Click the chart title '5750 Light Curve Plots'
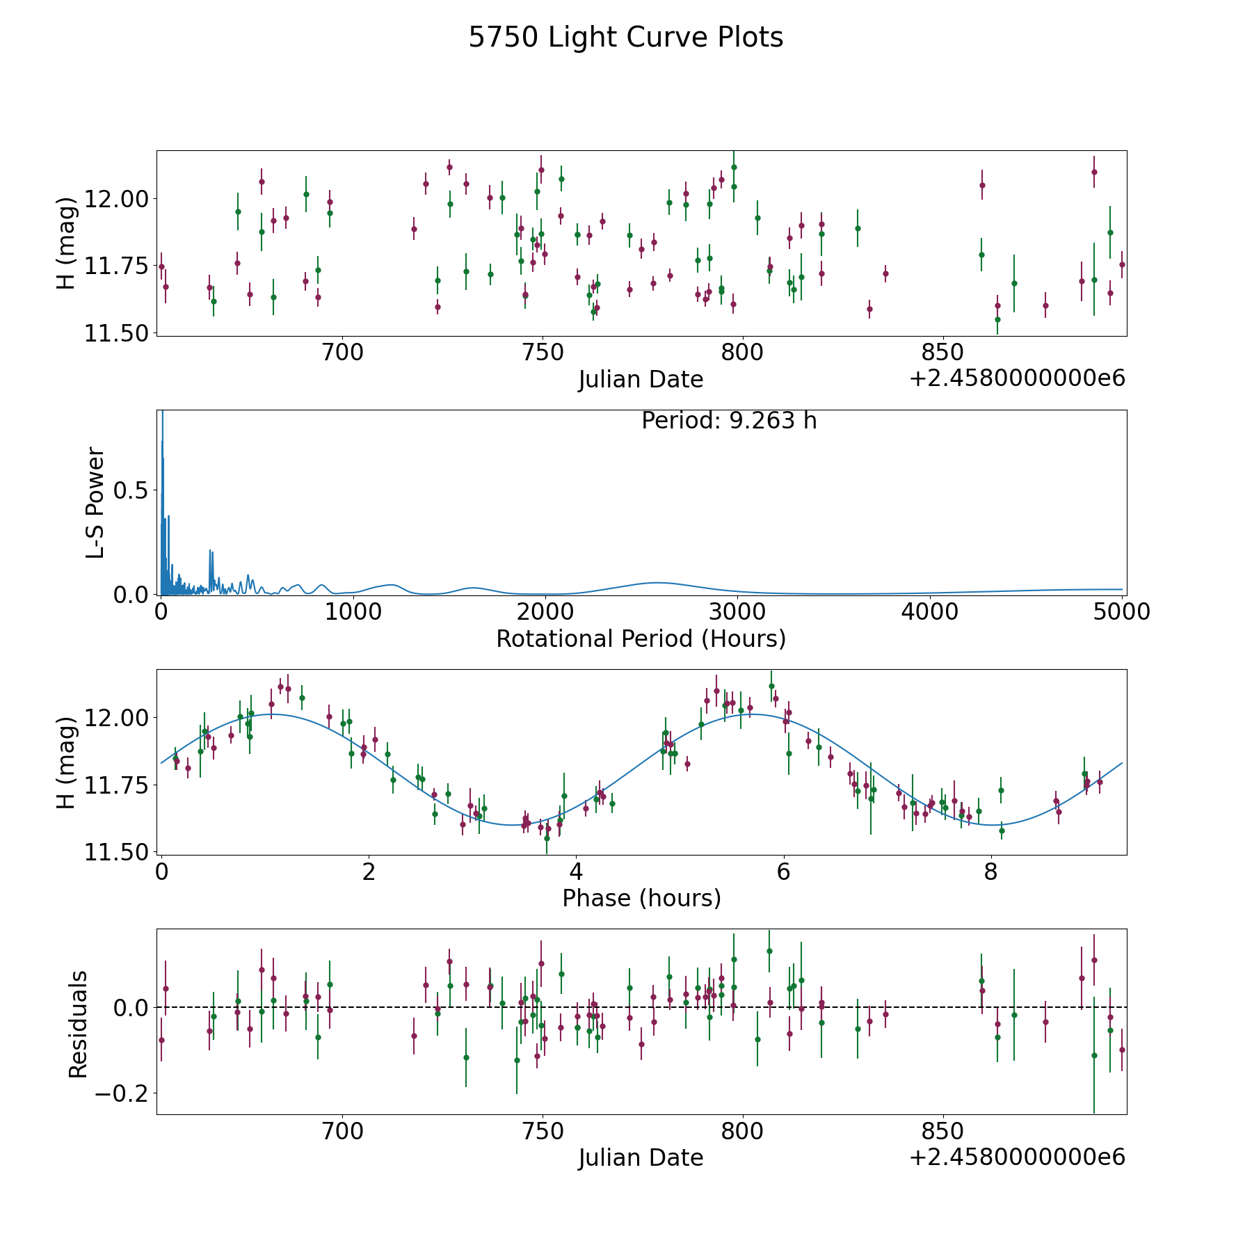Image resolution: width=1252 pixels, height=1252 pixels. pyautogui.click(x=625, y=38)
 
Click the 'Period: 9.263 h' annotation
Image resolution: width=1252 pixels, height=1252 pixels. pyautogui.click(x=729, y=421)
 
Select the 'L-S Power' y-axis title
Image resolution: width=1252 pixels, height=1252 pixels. pyautogui.click(x=95, y=502)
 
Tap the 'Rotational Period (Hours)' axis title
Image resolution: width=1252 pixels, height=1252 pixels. pyautogui.click(x=641, y=639)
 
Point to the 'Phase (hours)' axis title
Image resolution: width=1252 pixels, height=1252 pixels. pyautogui.click(x=641, y=898)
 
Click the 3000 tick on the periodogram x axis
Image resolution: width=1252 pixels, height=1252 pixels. pyautogui.click(x=737, y=611)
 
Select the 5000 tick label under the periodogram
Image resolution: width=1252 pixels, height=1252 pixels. pyautogui.click(x=1121, y=611)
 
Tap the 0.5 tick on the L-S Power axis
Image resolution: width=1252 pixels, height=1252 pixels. pyautogui.click(x=131, y=491)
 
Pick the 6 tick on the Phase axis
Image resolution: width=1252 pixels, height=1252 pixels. pyautogui.click(x=784, y=872)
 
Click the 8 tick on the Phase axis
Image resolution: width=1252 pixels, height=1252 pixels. pyautogui.click(x=991, y=872)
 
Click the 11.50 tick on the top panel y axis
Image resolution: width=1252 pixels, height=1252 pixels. pyautogui.click(x=115, y=334)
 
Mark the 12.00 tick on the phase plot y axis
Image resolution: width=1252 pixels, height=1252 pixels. pyautogui.click(x=115, y=718)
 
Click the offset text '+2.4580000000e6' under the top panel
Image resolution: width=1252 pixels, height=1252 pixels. pyautogui.click(x=1017, y=378)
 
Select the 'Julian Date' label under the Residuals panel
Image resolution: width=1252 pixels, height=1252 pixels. pyautogui.click(x=641, y=1157)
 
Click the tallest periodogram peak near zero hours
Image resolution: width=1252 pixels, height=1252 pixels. pyautogui.click(x=162, y=415)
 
